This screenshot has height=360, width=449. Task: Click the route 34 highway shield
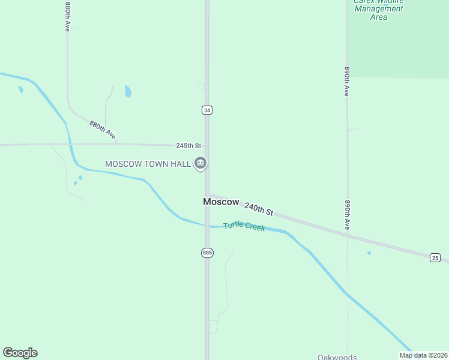[207, 110]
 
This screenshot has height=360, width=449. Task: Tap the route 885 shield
[207, 253]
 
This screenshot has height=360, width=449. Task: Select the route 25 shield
[435, 257]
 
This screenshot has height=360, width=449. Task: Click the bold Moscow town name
[221, 202]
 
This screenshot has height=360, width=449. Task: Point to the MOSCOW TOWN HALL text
[148, 164]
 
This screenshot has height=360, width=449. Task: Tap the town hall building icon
[200, 163]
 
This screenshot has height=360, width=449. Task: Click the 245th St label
[188, 146]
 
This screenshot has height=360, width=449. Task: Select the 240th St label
[259, 208]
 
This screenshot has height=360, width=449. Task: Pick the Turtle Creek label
[244, 227]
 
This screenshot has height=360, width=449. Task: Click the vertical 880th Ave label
[68, 17]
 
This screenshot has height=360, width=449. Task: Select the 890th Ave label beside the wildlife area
[347, 81]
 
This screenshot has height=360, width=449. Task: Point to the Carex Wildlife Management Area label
[378, 9]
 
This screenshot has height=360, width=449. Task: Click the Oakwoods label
[337, 356]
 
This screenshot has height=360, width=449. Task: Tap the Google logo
[20, 353]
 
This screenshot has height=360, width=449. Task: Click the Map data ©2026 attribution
[423, 355]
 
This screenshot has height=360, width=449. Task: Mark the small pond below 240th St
[369, 253]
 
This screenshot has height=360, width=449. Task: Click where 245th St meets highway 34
[207, 145]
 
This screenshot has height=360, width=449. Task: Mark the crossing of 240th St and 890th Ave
[347, 235]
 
